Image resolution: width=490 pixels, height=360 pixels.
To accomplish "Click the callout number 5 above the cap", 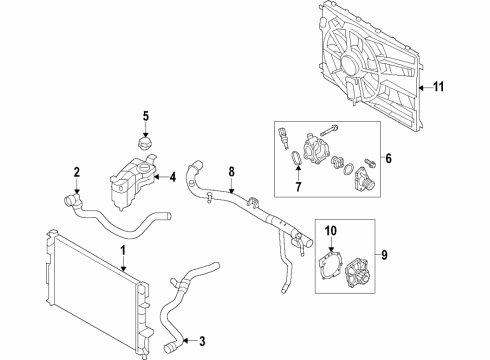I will [x=144, y=115].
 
